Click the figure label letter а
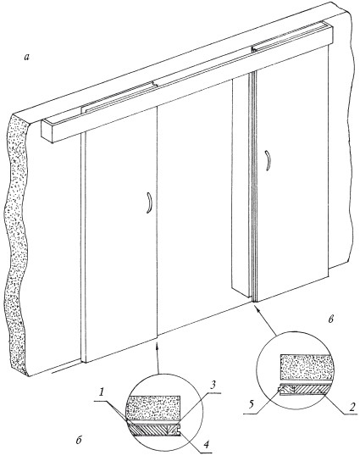(27, 58)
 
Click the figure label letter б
(79, 441)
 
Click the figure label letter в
(331, 319)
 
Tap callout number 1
(102, 393)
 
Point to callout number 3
(213, 386)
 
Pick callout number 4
(207, 444)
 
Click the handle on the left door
(149, 203)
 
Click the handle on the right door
(268, 160)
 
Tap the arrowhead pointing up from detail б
(158, 345)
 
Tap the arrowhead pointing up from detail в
(257, 308)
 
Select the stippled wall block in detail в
(307, 368)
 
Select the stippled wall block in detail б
(152, 408)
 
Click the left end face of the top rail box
(47, 131)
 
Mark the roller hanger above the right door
(254, 49)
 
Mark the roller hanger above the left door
(155, 85)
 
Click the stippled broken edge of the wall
(17, 244)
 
